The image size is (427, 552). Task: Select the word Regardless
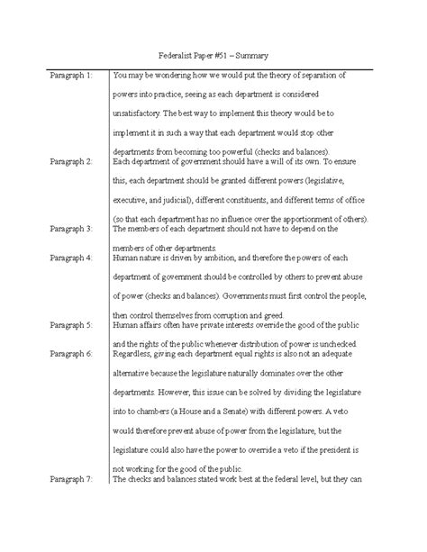point(132,353)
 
